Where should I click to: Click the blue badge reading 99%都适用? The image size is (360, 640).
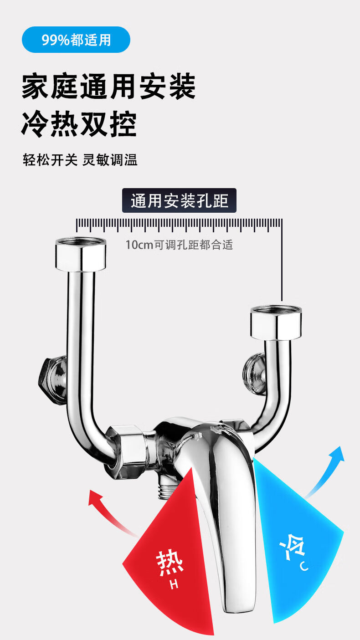tap(76, 40)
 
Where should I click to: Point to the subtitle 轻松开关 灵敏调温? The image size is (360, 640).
tap(80, 160)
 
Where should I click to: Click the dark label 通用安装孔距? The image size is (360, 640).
tap(179, 200)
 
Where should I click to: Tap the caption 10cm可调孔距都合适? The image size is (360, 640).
tap(179, 245)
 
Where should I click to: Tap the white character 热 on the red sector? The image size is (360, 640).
tap(170, 563)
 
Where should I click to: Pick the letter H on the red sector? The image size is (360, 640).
tap(174, 584)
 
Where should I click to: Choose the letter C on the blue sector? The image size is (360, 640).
tap(304, 566)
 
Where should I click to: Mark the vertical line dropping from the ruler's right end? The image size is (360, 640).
tap(282, 264)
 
